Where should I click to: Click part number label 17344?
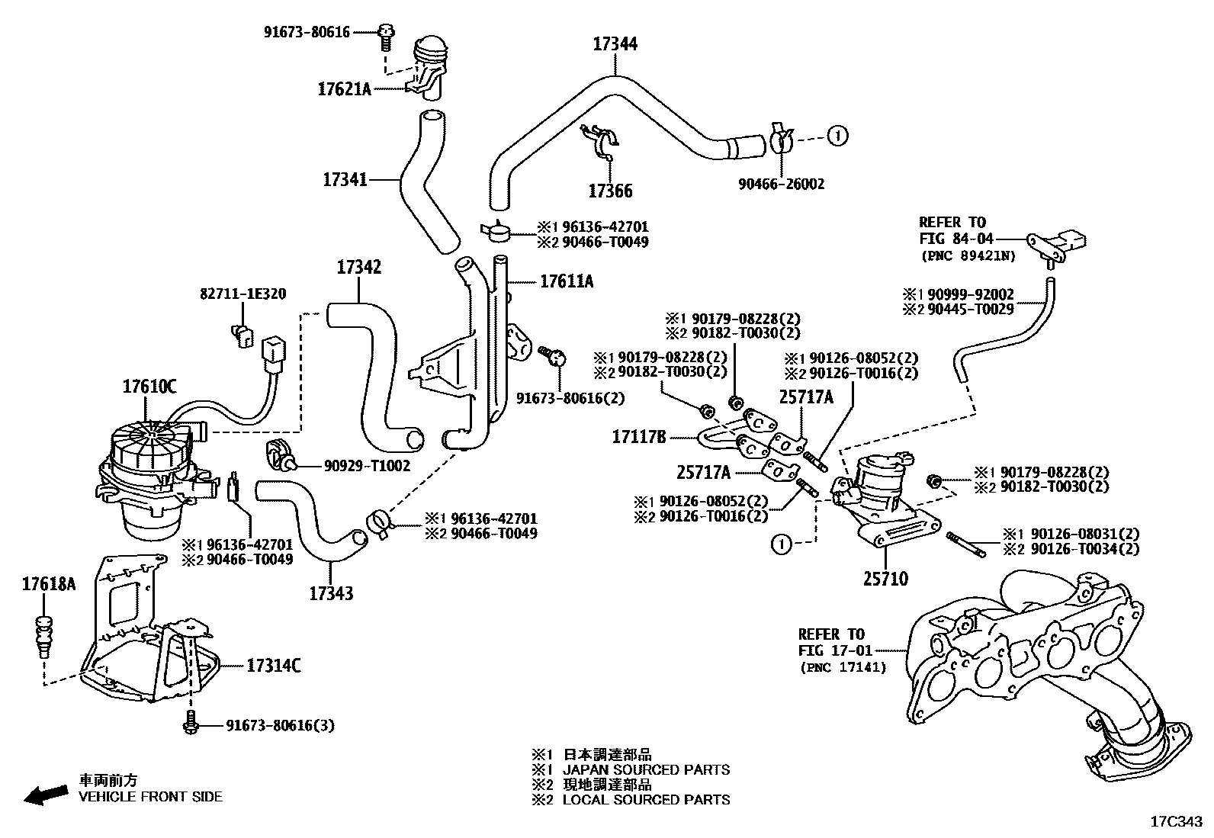click(x=615, y=44)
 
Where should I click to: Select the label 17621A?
click(x=344, y=89)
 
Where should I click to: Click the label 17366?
click(x=610, y=191)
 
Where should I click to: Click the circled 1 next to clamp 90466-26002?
click(x=837, y=136)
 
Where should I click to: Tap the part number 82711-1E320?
click(x=243, y=294)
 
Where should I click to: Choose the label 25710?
click(x=885, y=580)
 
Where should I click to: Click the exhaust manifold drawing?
click(x=1029, y=663)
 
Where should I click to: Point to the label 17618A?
click(x=49, y=585)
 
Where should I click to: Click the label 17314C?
click(x=273, y=666)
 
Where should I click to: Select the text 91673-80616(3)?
click(x=280, y=725)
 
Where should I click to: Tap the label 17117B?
click(x=639, y=437)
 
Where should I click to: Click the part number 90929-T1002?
click(x=356, y=465)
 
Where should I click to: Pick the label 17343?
click(x=331, y=592)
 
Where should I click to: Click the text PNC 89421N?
click(x=968, y=256)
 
